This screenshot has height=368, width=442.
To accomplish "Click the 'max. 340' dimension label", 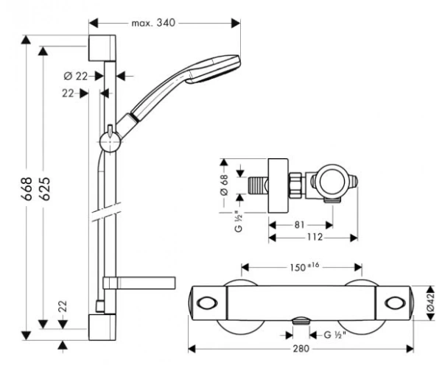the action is pyautogui.click(x=153, y=23).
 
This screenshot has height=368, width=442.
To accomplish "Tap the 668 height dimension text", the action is pyautogui.click(x=27, y=188).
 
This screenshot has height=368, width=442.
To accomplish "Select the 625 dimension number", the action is pyautogui.click(x=44, y=188).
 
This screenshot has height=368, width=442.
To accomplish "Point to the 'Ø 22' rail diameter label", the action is pyautogui.click(x=76, y=76).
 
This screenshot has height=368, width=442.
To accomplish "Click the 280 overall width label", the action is pyautogui.click(x=301, y=349).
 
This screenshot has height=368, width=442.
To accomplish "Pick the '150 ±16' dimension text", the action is pyautogui.click(x=304, y=266).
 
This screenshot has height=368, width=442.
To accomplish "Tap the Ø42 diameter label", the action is pyautogui.click(x=430, y=303).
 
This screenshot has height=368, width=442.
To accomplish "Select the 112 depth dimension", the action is pyautogui.click(x=315, y=237).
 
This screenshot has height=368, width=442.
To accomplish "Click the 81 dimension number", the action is pyautogui.click(x=299, y=224).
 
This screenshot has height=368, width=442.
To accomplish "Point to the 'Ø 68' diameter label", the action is pyautogui.click(x=224, y=185).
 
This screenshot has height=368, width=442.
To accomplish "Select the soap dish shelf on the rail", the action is pyautogui.click(x=139, y=283).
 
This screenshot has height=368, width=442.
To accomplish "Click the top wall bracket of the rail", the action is pyautogui.click(x=102, y=48).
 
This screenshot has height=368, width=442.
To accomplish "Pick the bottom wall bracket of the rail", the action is pyautogui.click(x=102, y=328).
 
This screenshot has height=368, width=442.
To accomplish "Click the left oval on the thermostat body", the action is pyautogui.click(x=207, y=303).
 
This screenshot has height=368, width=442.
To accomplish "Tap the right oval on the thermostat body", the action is pyautogui.click(x=395, y=303).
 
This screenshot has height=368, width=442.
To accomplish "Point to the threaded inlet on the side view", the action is pyautogui.click(x=257, y=185).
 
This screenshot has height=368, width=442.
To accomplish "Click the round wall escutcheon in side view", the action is pyautogui.click(x=278, y=185).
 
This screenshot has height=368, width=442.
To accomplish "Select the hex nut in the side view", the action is pyautogui.click(x=295, y=185).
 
